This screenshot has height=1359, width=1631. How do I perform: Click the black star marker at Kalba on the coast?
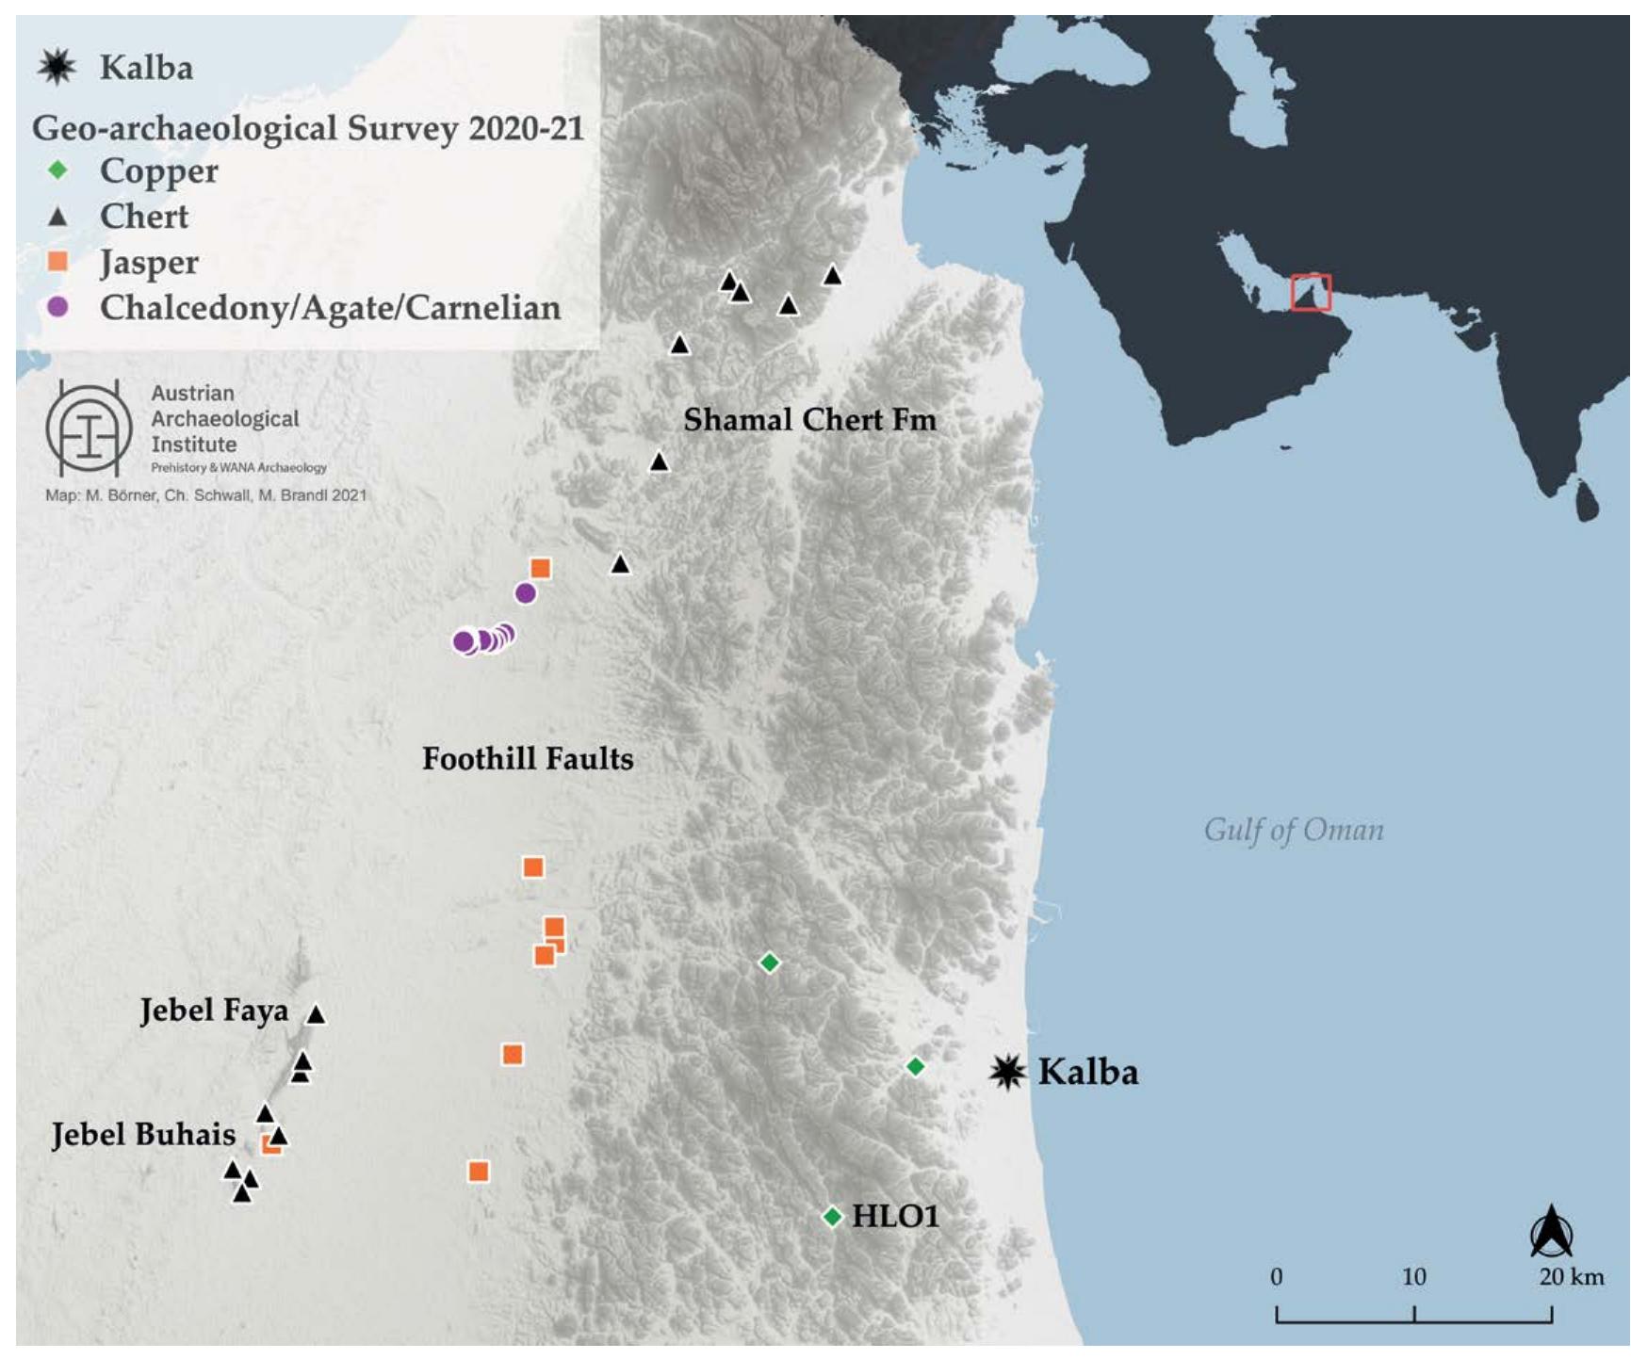click(1006, 1071)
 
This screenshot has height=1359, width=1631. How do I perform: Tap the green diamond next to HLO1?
click(832, 1217)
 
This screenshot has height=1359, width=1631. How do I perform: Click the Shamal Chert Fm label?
click(809, 419)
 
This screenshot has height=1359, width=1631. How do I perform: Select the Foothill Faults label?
click(527, 758)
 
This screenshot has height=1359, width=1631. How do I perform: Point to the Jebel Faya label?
click(214, 1011)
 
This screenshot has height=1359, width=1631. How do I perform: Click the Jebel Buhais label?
click(143, 1134)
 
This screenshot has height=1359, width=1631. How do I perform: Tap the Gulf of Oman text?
click(1293, 830)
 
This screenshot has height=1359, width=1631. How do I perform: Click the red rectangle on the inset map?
click(1311, 292)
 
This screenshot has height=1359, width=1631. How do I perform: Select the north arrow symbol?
click(1550, 1231)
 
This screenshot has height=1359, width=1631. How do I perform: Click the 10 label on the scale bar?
click(1413, 1277)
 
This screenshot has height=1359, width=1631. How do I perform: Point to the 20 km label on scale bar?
click(1571, 1277)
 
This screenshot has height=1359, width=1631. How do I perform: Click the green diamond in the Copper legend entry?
click(57, 170)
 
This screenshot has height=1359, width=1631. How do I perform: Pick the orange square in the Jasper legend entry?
click(57, 262)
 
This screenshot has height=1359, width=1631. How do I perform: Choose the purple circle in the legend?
click(57, 307)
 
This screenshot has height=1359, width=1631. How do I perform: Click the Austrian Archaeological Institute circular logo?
click(89, 429)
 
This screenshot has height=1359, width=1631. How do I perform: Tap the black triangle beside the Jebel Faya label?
click(316, 1014)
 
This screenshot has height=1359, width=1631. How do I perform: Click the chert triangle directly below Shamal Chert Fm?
click(660, 462)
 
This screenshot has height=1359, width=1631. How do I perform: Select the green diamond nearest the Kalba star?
click(915, 1066)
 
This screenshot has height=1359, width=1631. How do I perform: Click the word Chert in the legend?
click(144, 217)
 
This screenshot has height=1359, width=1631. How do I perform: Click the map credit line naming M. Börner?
click(205, 495)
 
